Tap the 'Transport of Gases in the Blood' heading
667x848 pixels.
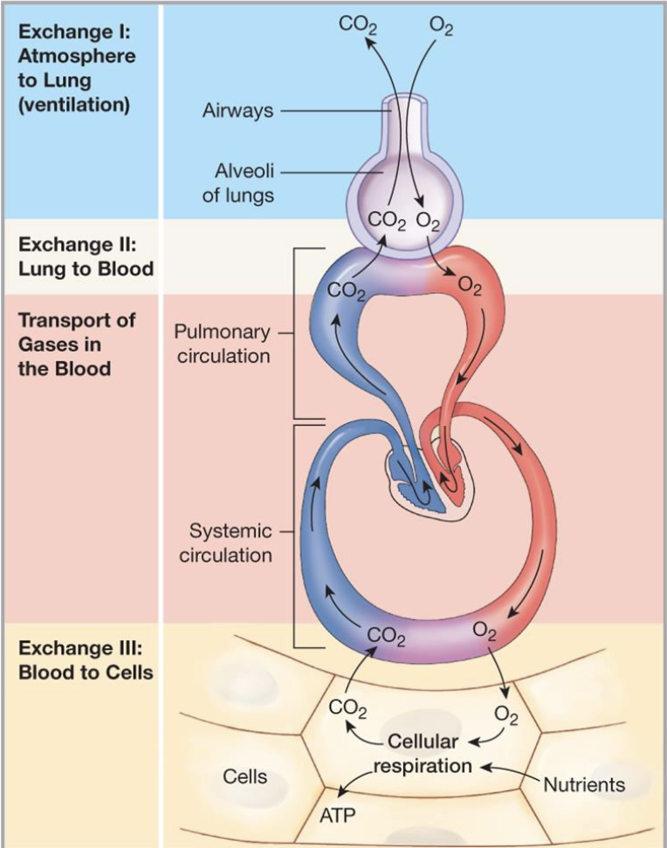tap(77, 344)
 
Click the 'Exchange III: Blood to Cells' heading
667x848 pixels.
tap(86, 660)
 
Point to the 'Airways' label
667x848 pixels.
tap(237, 111)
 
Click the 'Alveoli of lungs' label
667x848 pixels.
tap(238, 183)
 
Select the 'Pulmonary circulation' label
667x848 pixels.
tap(222, 344)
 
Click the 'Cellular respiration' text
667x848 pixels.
tap(423, 753)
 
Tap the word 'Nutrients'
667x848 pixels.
tap(584, 784)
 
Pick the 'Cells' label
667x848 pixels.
tap(245, 776)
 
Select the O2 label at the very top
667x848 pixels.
tap(442, 24)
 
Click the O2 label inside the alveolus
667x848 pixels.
tap(429, 222)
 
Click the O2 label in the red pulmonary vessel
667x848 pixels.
tap(469, 287)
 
